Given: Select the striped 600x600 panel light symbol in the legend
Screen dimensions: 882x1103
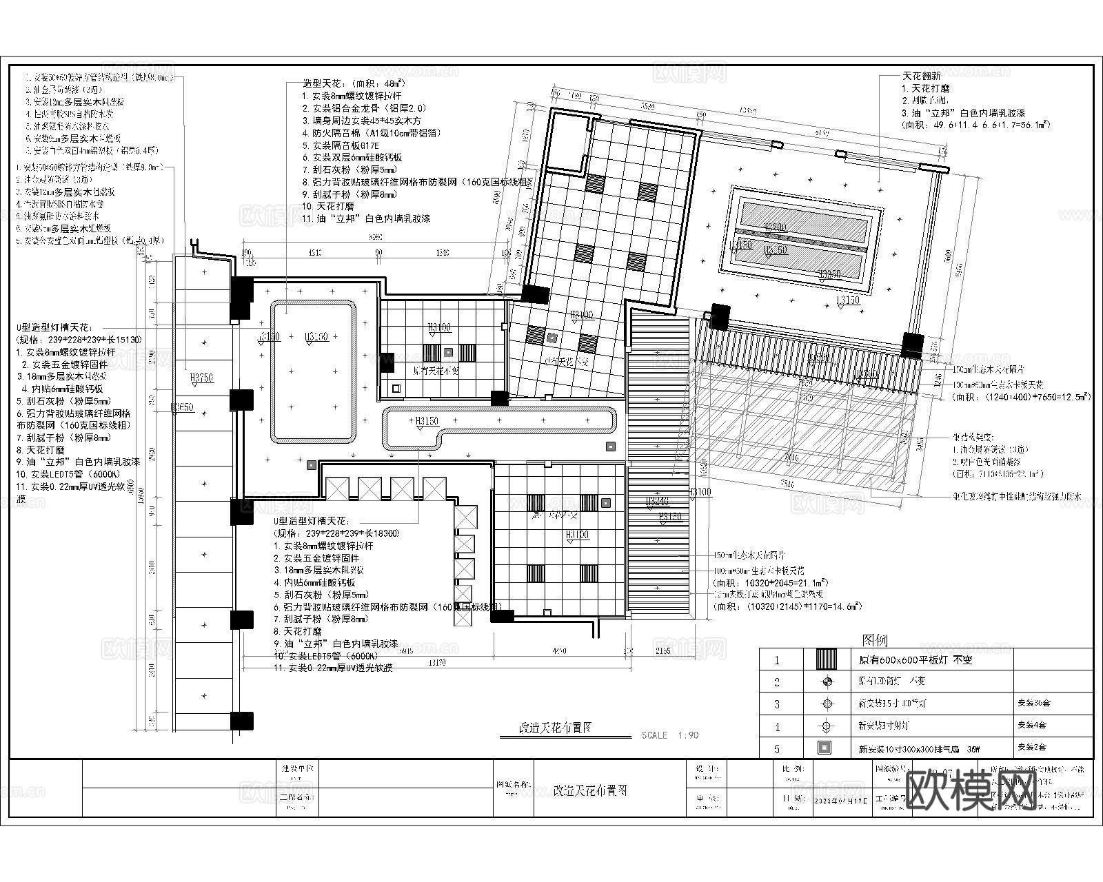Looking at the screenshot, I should coord(826,659).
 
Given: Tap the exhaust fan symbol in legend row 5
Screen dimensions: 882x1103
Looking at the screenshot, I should coord(826,748).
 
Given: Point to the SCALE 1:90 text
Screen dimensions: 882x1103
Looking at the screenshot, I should coord(669,735).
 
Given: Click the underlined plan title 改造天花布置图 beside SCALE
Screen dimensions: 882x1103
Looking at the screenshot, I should coord(555,728).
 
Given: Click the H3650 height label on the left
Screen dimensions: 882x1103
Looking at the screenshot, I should coord(183,407).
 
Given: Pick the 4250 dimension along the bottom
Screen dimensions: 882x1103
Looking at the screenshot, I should coord(559,650).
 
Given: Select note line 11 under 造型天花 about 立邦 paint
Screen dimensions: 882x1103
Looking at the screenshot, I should coord(366,218).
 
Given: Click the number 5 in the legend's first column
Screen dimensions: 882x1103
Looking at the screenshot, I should coord(777,748).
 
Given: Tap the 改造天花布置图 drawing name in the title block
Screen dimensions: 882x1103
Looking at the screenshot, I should coord(590,791).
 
